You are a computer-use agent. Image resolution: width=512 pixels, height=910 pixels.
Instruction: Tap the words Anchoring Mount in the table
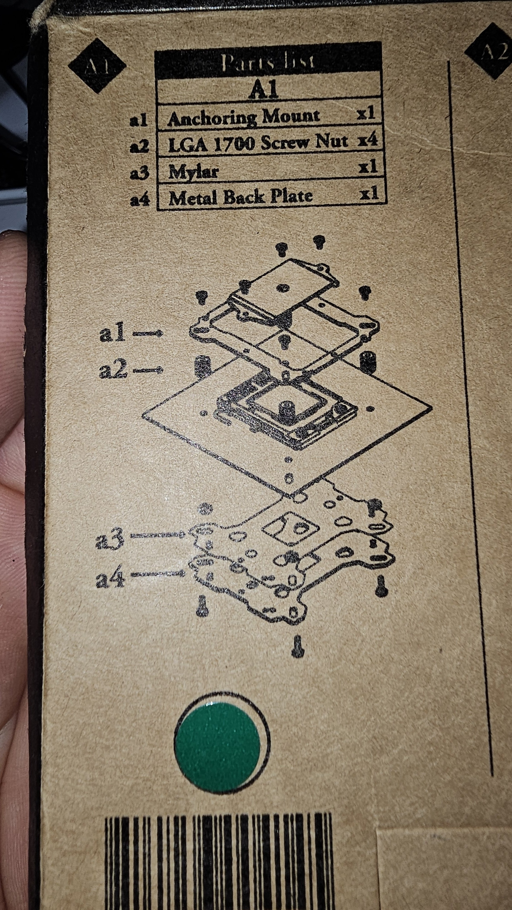[x=244, y=117]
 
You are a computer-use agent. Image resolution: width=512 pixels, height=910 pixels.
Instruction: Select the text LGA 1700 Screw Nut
[x=258, y=143]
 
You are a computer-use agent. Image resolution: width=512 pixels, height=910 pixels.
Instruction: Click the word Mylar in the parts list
[x=193, y=172]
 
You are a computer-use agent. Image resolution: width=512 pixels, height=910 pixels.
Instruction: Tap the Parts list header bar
[x=268, y=61]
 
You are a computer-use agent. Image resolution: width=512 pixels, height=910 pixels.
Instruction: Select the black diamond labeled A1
[x=97, y=66]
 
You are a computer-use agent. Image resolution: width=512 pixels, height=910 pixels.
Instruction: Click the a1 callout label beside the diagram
[x=112, y=334]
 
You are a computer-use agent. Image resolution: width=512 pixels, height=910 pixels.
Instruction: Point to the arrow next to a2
[x=148, y=370]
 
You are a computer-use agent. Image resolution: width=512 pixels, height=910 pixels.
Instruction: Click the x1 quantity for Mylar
[x=368, y=167]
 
